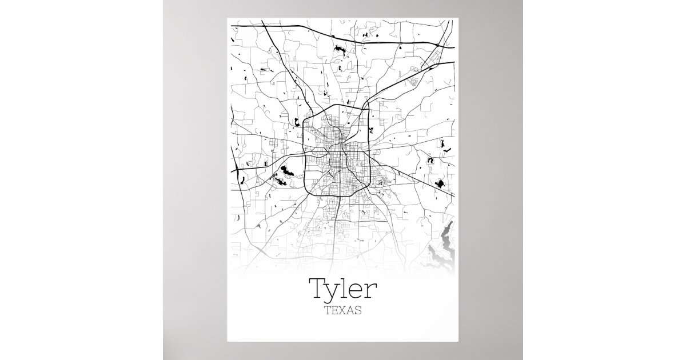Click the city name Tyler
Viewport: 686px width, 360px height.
click(342, 290)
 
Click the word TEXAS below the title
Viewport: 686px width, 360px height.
click(342, 312)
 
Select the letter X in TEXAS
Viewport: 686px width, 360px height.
click(342, 312)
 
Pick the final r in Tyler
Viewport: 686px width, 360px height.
click(372, 291)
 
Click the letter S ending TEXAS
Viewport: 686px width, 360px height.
click(358, 312)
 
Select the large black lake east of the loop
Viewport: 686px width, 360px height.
click(440, 183)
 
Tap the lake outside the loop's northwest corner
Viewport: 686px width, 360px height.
click(297, 121)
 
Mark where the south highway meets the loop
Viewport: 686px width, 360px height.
click(340, 196)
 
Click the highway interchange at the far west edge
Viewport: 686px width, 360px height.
click(236, 169)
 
